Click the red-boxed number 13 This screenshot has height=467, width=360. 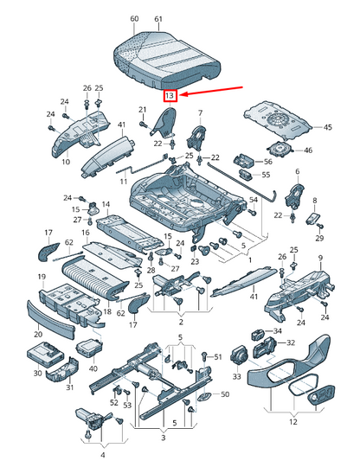coord(170,96)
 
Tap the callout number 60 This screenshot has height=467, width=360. coord(134,18)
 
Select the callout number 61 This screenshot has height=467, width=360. coord(158,19)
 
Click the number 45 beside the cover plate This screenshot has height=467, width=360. coord(327,127)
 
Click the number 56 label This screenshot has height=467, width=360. coord(268,162)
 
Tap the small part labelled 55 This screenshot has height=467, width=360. coord(246,175)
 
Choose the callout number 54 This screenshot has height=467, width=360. coord(253,199)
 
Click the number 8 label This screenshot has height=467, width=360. coord(315,201)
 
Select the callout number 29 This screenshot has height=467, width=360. coord(319,238)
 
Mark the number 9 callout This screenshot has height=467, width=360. coord(321,258)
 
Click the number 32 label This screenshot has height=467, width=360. coord(291,342)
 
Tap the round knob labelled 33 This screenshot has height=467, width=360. coord(239,355)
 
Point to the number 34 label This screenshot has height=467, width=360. coord(278,330)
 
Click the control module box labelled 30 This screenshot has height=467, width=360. coord(45,355)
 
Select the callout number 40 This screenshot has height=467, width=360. coord(93,368)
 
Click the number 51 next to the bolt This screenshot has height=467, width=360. coord(218,356)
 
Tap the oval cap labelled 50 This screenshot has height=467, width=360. coord(205,397)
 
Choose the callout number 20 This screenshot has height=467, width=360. coord(38,334)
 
